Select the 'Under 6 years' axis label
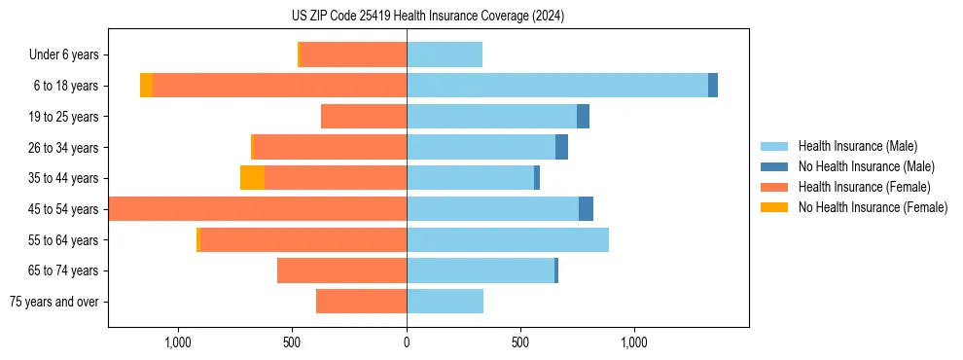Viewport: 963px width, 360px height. (70, 55)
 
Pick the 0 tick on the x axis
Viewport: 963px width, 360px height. (407, 342)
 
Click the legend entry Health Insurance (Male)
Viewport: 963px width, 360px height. (857, 146)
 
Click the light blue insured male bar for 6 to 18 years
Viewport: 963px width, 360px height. (556, 86)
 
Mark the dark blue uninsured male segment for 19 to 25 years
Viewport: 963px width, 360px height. (583, 117)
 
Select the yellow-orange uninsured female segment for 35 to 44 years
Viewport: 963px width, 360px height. (252, 178)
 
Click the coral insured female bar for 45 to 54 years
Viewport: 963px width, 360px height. (258, 209)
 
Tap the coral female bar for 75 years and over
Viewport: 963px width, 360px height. (361, 302)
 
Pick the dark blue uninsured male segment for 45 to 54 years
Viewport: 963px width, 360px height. (586, 209)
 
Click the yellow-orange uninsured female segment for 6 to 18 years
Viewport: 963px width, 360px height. (146, 86)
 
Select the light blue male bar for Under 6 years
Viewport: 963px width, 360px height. (445, 55)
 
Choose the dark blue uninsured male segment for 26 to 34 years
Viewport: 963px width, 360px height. (561, 148)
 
